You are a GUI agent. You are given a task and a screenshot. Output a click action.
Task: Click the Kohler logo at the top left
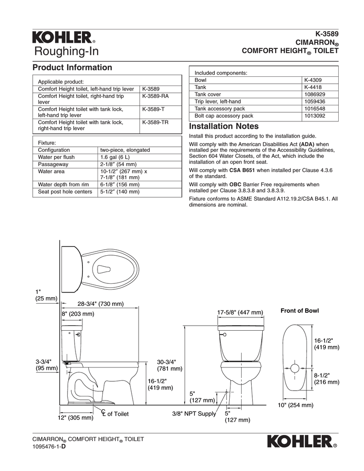point(63,37)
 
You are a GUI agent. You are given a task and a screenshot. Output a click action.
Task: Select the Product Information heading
point(72,68)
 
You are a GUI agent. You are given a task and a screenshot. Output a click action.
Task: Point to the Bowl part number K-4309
point(312,80)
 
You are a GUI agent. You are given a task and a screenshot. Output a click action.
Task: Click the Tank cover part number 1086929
point(314,94)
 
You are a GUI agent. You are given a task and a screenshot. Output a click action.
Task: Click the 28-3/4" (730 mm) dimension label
point(100,304)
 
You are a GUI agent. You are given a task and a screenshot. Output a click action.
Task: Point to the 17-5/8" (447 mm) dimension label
point(240,313)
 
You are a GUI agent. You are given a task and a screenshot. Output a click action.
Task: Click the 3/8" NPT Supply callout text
point(194,414)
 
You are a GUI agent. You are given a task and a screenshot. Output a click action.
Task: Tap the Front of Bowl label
point(300,311)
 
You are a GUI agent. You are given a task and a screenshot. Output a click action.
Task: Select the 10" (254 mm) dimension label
point(295,405)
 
